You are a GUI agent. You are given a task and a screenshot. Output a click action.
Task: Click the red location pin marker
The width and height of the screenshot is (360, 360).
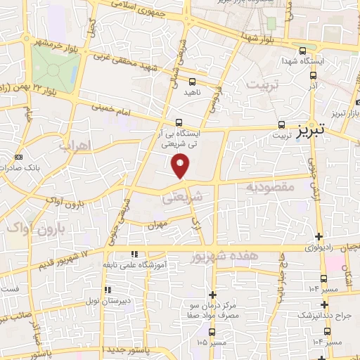181,166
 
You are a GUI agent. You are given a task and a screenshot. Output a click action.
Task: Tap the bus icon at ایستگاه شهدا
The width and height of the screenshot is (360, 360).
302,51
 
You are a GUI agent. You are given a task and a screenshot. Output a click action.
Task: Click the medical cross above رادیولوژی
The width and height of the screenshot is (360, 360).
319,236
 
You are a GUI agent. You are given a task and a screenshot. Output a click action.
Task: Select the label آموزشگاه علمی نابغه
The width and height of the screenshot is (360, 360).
161,264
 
